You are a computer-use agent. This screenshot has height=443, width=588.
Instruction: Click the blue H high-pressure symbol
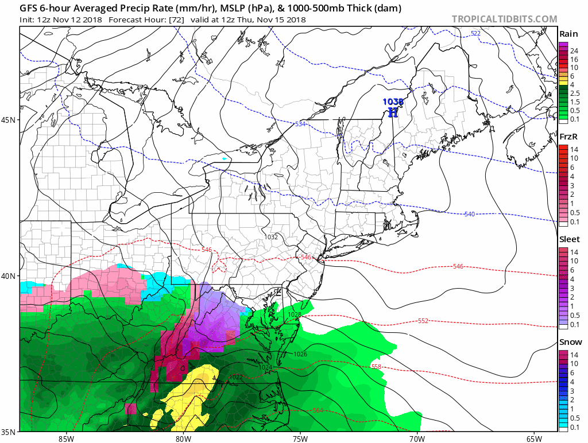393,112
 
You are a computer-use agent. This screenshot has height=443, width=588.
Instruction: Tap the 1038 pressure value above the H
393,102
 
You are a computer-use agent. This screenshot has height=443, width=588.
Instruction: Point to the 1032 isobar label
272,236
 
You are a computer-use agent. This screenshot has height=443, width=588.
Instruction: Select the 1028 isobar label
295,314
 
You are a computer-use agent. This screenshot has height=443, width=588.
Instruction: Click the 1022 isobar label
236,377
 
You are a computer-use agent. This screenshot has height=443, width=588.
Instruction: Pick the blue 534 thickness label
300,125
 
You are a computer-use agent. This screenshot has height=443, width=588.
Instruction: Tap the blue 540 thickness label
470,214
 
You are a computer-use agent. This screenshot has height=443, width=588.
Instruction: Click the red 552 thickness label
423,321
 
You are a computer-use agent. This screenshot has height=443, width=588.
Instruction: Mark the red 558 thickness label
376,367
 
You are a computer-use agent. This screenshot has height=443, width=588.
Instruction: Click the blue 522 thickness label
475,34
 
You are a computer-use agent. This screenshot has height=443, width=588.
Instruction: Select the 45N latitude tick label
9,120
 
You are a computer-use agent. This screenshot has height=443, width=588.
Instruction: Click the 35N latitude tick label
9,431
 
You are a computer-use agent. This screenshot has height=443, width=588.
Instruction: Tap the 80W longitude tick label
183,439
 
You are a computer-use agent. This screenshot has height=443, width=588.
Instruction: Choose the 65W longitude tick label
533,439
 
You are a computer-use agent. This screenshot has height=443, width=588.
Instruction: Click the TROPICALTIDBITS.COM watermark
504,20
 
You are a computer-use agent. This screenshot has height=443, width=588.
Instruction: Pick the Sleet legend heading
570,239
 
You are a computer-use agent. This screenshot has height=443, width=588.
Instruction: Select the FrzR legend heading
569,138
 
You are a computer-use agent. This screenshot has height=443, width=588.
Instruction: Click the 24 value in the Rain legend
574,51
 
